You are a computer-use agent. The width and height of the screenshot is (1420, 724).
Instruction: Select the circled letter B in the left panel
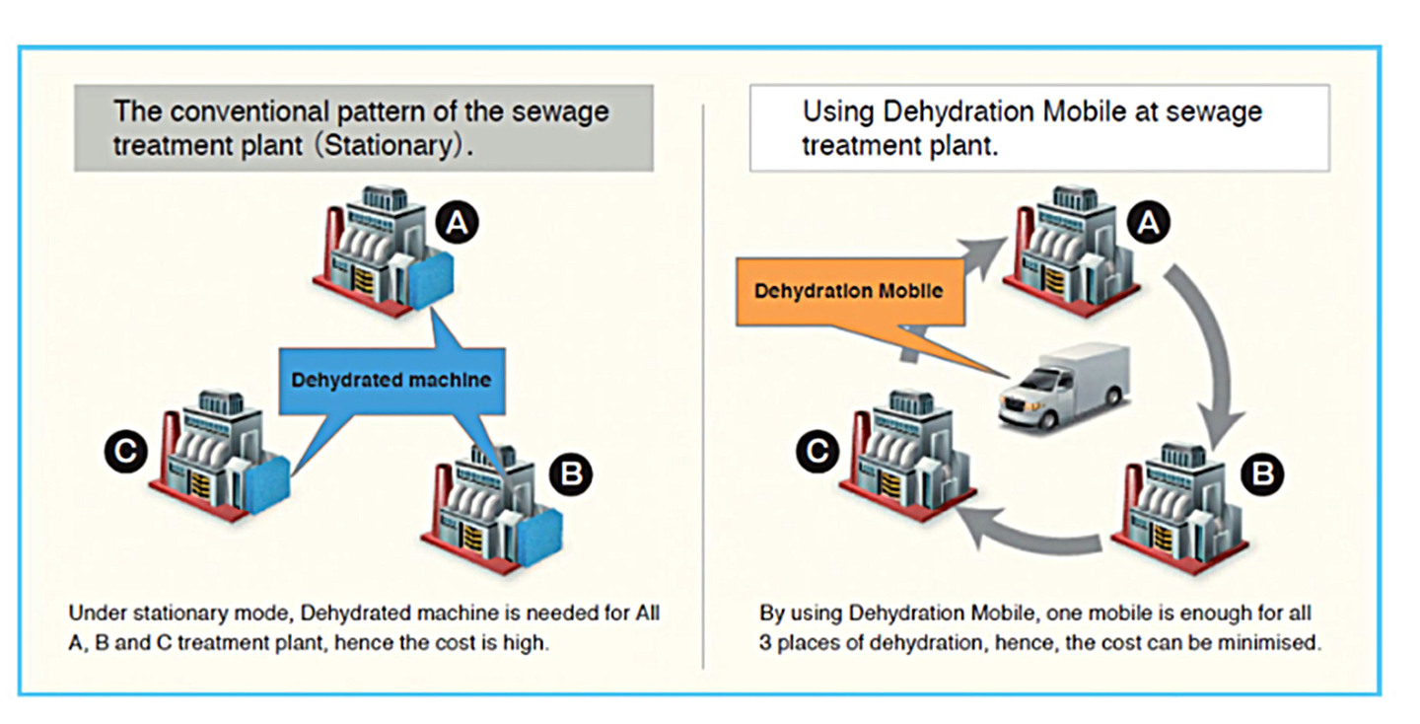[569, 475]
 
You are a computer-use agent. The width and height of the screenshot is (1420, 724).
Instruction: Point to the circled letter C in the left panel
[127, 452]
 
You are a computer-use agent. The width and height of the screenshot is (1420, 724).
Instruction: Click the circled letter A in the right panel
[1147, 224]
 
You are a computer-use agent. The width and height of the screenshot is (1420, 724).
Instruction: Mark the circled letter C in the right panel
[817, 452]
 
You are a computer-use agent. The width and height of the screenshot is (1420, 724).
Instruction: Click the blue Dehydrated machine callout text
[390, 379]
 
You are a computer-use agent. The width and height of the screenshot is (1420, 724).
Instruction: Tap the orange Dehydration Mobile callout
[848, 291]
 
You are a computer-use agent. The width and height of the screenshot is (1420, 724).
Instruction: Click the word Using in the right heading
[836, 110]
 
